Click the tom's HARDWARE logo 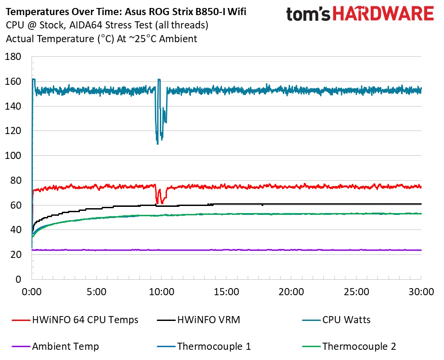coord(360,14)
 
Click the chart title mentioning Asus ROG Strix coord(126,12)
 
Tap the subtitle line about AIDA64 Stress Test coord(107,25)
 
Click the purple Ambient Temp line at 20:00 coord(291,250)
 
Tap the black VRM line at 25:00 coord(357,204)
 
